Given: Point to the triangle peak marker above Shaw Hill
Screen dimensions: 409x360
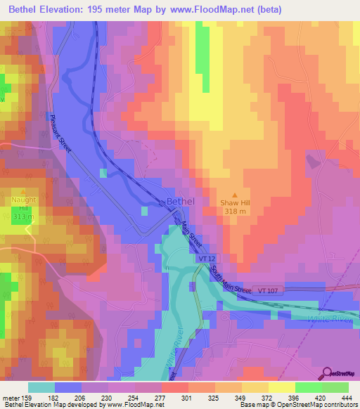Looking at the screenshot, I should coord(235,195).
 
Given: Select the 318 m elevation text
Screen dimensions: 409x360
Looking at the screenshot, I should coord(236,212).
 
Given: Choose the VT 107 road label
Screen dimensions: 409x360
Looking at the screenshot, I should coord(269,290).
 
